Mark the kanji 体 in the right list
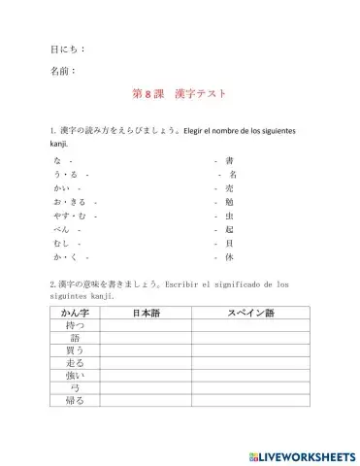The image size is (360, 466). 229,258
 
